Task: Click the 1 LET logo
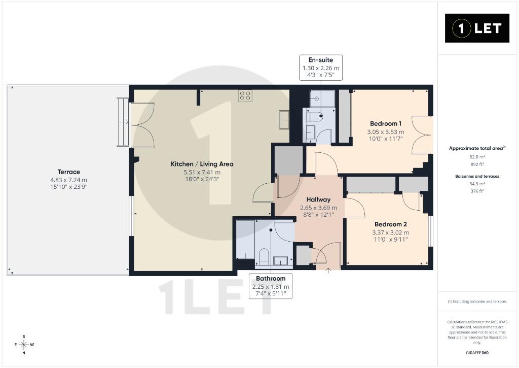(477, 28)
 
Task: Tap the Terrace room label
(68, 172)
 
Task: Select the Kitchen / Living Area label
(202, 164)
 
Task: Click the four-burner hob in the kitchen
(245, 96)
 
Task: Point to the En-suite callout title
(321, 60)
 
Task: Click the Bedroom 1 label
(386, 124)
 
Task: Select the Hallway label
(318, 199)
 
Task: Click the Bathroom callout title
(271, 279)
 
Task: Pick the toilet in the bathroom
(264, 257)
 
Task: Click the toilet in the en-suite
(315, 117)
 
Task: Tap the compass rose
(24, 345)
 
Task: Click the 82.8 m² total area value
(477, 157)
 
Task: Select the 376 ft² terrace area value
(477, 191)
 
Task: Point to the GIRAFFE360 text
(477, 353)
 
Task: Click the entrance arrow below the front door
(328, 271)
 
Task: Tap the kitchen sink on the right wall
(284, 119)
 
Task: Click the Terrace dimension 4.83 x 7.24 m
(68, 180)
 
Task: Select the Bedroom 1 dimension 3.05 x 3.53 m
(386, 132)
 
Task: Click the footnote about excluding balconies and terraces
(477, 302)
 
